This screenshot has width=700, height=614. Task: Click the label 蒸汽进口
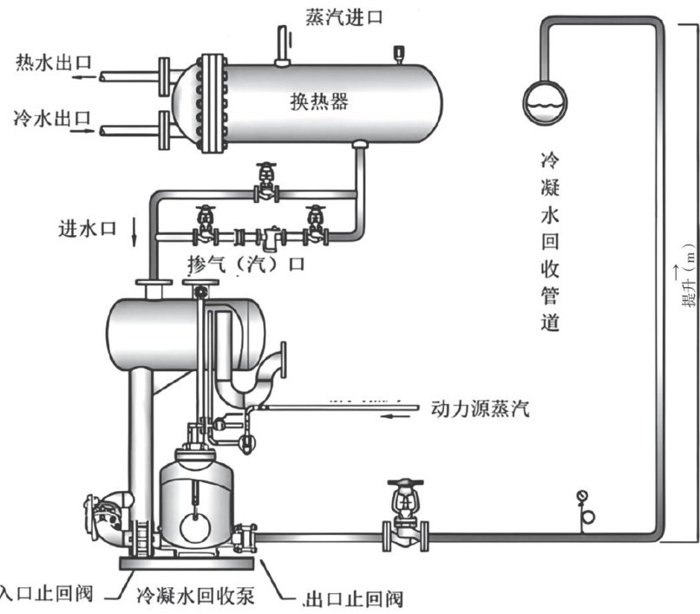(x=343, y=16)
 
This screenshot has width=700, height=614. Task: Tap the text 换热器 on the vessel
(x=319, y=101)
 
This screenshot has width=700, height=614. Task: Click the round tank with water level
(x=545, y=100)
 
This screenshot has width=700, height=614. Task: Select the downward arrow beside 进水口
(x=135, y=231)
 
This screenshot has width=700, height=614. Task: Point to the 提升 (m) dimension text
(x=689, y=278)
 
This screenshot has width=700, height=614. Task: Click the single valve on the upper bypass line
(x=265, y=184)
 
